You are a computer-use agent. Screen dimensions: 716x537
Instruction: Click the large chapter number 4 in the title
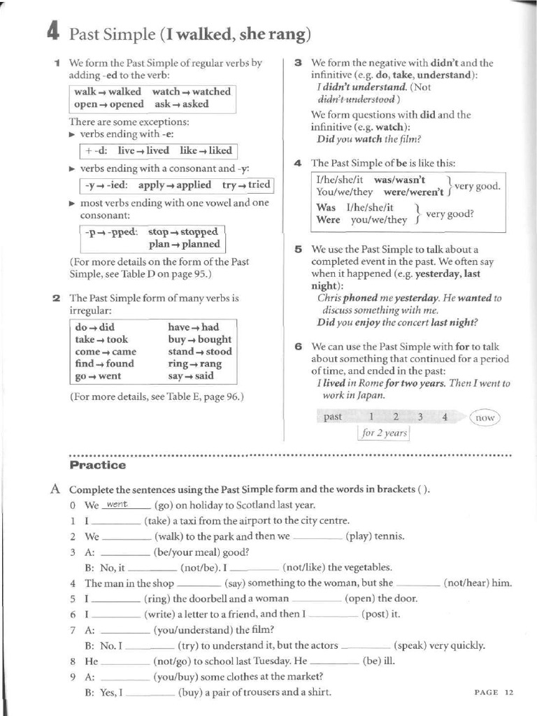pos(53,32)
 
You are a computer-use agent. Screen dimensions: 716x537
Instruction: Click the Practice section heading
pos(98,465)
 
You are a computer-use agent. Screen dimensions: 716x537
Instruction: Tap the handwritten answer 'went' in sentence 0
pos(116,504)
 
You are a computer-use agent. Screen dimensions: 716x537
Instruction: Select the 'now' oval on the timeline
pos(485,417)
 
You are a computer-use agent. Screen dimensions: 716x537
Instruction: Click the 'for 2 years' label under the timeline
pos(383,433)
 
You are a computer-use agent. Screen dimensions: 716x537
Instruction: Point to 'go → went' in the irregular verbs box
pos(98,376)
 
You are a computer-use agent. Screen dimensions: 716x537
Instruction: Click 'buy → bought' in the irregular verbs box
pos(199,339)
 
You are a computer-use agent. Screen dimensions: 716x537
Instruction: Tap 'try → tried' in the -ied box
pos(245,185)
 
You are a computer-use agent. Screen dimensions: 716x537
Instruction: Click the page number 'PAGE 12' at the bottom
pos(494,692)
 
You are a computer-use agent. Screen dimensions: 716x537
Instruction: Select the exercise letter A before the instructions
pos(55,489)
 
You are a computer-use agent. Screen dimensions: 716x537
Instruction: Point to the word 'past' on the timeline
pos(333,417)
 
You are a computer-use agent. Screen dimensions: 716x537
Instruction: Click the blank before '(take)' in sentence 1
pos(116,522)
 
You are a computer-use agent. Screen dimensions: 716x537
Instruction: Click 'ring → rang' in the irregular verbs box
pos(194,364)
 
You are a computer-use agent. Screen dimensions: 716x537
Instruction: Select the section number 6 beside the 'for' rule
pos(298,346)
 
